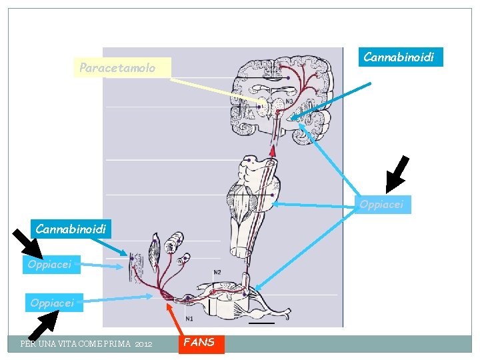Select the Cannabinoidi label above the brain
coord(399,57)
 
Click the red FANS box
coord(200,343)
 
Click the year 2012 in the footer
coord(143,344)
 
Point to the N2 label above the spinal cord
coord(217,272)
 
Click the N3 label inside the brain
coord(289,102)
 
